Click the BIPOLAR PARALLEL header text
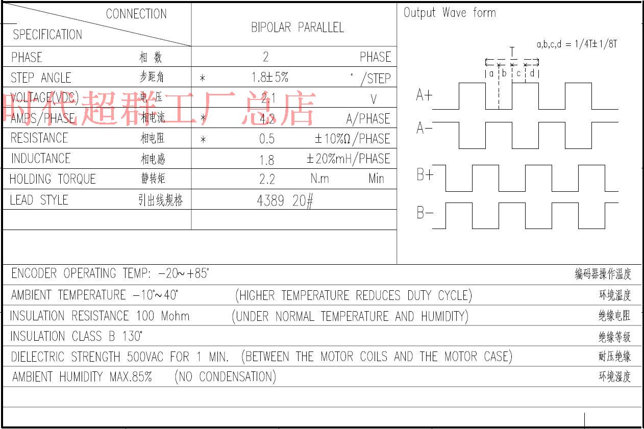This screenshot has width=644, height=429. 297,28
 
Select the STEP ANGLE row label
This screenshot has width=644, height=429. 41,78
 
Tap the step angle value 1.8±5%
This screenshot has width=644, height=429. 270,78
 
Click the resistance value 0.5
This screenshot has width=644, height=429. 266,139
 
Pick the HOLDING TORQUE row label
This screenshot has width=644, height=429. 53,179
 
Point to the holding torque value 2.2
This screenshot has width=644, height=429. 267,179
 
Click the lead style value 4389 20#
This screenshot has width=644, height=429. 285,200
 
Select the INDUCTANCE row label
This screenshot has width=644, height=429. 41,159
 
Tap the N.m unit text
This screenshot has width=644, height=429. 319,179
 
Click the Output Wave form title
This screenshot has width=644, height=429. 450,13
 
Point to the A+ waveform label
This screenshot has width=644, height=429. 424,95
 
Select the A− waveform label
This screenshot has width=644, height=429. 424,128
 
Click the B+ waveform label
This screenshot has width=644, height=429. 425,175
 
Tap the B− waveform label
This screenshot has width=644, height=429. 425,213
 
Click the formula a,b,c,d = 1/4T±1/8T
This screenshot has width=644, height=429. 577,44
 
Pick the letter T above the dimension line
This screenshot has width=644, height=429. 512,51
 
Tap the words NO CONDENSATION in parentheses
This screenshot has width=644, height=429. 225,377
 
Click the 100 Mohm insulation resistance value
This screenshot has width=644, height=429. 163,316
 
